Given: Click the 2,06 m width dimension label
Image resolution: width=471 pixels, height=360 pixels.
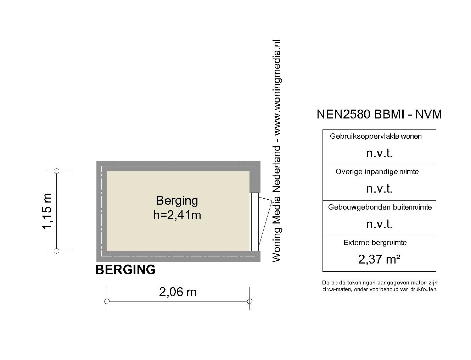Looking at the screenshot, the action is (178, 292).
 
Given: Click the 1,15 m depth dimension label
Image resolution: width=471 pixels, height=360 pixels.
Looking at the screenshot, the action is (47, 211).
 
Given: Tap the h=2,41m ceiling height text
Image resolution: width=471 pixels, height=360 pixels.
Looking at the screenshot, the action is (177, 215).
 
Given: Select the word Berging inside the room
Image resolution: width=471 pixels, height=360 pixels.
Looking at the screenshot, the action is (177, 201).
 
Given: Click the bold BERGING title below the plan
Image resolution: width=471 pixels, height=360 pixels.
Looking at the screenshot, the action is (125, 270).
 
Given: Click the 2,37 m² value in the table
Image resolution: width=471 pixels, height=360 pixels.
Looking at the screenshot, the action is (379, 259).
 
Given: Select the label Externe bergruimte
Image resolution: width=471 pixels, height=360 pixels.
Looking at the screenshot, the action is (375, 243).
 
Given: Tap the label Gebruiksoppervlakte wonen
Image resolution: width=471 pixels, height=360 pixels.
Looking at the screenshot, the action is (376, 136).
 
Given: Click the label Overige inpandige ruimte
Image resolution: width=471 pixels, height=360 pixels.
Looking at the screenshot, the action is (377, 172).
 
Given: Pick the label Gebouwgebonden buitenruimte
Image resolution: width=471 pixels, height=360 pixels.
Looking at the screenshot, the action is (380, 207).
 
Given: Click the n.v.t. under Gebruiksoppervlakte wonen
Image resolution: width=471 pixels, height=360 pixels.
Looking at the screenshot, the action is (379, 153).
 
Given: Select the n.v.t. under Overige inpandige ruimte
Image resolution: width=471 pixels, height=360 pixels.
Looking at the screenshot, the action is (379, 189).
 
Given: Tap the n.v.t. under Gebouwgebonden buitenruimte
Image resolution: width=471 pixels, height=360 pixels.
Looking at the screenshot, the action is (379, 224).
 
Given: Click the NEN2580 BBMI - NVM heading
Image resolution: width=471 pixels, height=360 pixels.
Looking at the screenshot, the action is (379, 114).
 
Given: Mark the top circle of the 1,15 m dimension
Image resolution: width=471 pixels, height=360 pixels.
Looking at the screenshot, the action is (56, 171).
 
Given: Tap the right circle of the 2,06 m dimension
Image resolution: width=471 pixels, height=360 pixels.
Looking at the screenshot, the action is (249, 301).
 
